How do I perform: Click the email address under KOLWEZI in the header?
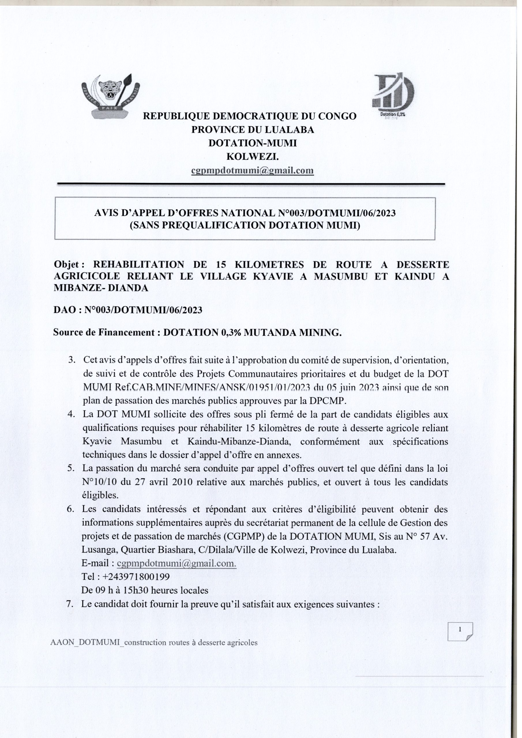point(252,170)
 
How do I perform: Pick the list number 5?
point(71,468)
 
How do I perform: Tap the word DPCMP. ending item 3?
point(332,401)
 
